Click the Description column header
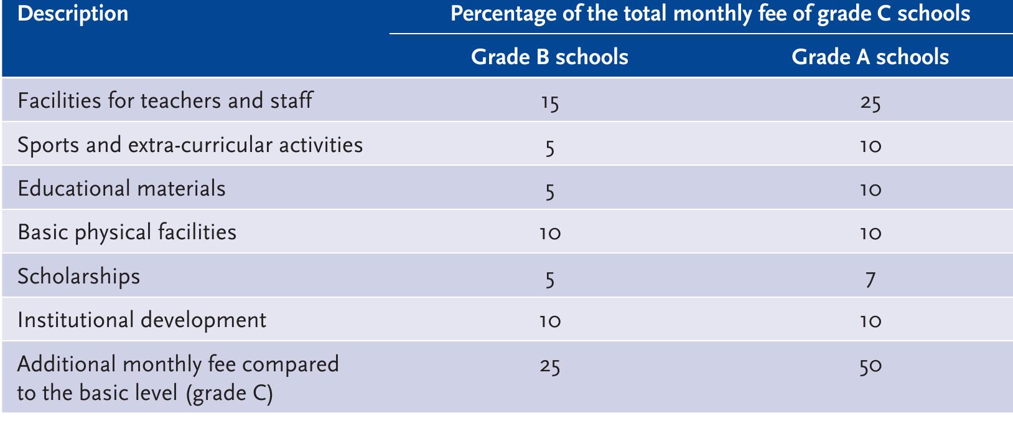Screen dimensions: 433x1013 (73, 14)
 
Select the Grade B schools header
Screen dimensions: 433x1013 (549, 57)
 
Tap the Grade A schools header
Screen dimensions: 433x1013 (870, 57)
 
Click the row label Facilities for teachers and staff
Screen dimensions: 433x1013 (165, 100)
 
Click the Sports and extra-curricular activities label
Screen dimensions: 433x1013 (190, 145)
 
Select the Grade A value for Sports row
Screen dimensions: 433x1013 (870, 146)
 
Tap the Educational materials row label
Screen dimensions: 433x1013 (121, 188)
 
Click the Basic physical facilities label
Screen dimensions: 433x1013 (127, 232)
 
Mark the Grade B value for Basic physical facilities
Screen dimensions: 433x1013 (549, 234)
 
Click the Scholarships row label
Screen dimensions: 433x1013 (79, 276)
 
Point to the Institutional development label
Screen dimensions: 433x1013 (142, 320)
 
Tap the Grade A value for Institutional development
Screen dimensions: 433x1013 (870, 321)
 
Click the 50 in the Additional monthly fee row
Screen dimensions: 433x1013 (870, 366)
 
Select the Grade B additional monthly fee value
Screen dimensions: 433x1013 (549, 366)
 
